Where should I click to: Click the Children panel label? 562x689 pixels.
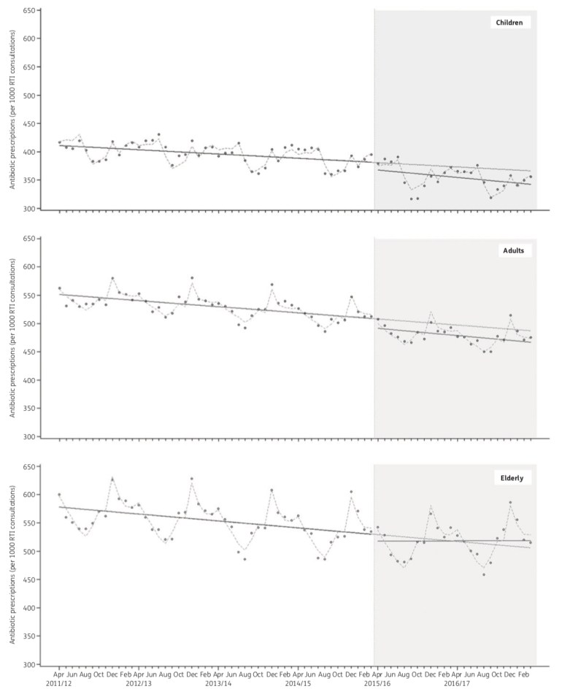point(510,23)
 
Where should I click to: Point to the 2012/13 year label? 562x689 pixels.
point(139,683)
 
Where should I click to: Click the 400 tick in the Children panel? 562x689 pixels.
point(29,152)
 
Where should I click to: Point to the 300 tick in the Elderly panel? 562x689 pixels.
point(29,665)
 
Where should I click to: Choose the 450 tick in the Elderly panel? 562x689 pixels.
point(29,580)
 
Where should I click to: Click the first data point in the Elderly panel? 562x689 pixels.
point(59,495)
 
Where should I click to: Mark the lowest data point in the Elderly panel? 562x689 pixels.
point(483,574)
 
